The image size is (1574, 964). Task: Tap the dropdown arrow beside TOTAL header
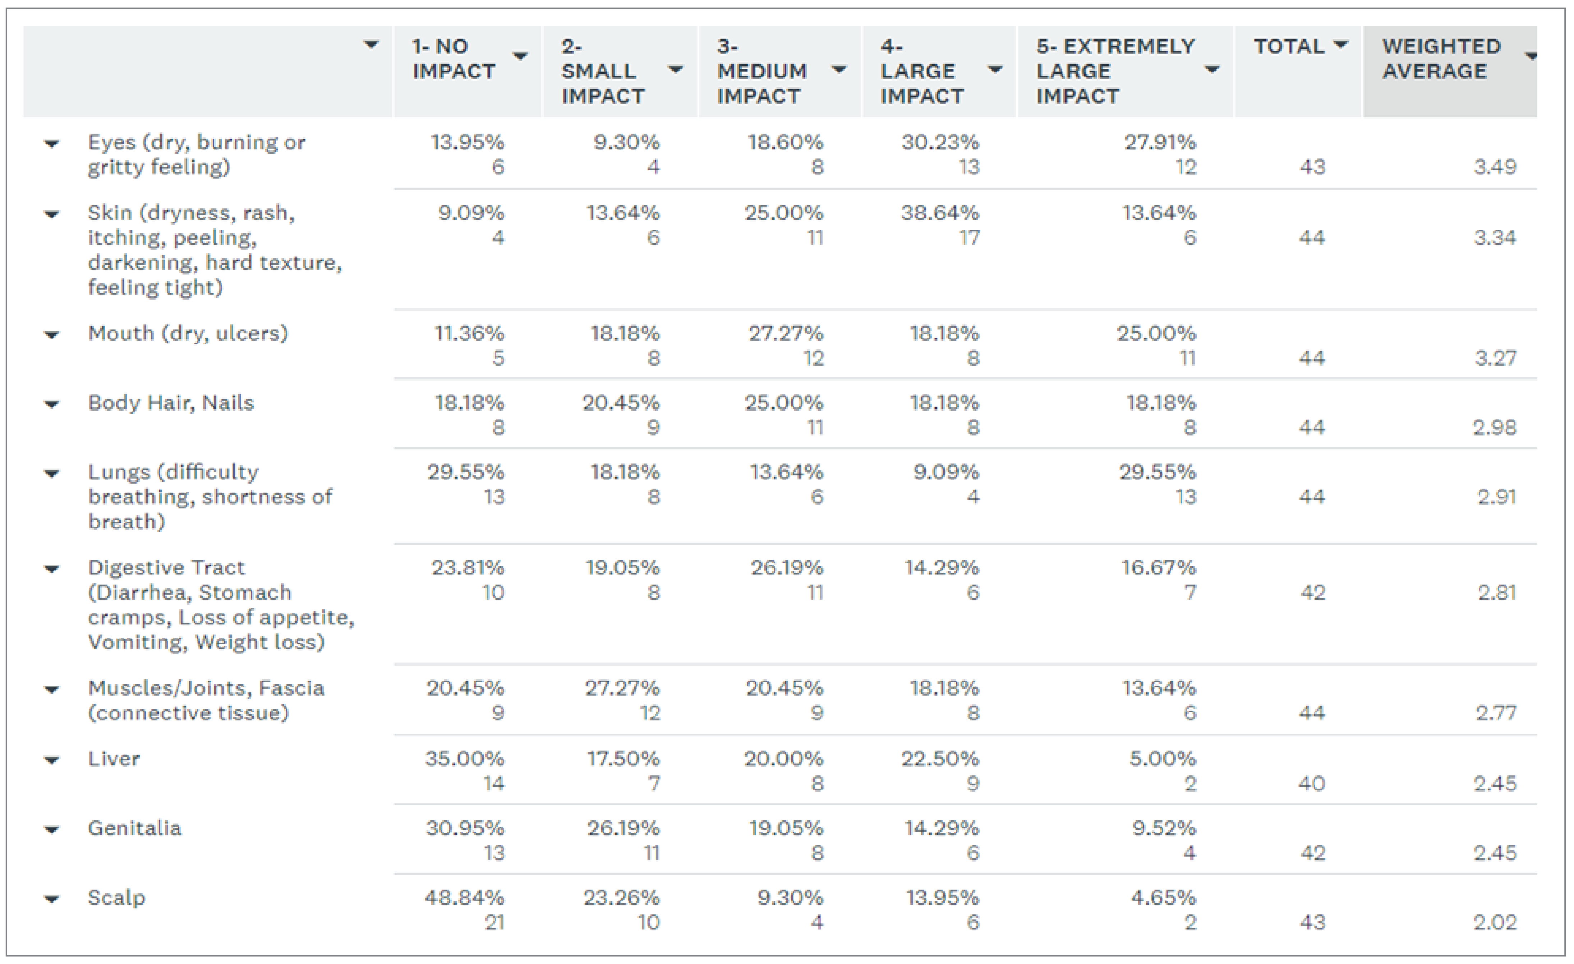pos(1341,45)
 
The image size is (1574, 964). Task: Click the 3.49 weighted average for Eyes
pos(1495,167)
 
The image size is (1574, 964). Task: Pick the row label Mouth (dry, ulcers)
pos(188,333)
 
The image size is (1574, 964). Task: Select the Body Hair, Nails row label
pos(171,403)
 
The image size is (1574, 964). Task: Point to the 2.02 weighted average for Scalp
pos(1495,922)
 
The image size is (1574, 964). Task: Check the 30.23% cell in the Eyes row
pos(940,142)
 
